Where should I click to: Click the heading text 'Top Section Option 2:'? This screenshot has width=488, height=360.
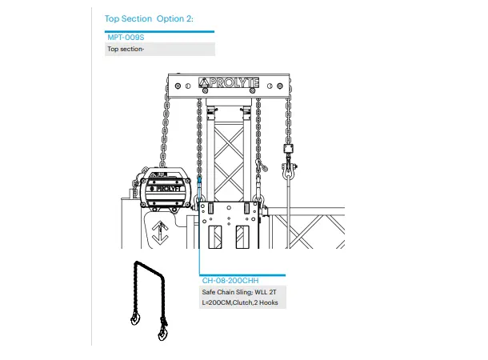tap(149, 18)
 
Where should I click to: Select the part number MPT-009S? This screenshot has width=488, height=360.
tap(126, 38)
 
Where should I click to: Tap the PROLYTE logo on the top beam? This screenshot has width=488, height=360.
tap(226, 83)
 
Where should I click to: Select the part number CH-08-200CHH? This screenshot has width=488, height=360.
tap(230, 281)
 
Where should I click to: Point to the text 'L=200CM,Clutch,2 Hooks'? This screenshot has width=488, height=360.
tap(239, 303)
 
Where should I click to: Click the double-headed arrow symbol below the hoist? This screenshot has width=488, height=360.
tap(160, 234)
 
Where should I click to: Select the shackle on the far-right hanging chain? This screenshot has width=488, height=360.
tap(286, 167)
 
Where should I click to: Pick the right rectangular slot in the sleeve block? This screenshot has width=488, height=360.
tap(242, 238)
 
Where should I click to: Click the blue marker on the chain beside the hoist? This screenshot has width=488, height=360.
tap(197, 181)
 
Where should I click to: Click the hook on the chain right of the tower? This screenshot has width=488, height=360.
tap(259, 166)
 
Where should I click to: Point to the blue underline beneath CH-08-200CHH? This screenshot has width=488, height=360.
tap(241, 274)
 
